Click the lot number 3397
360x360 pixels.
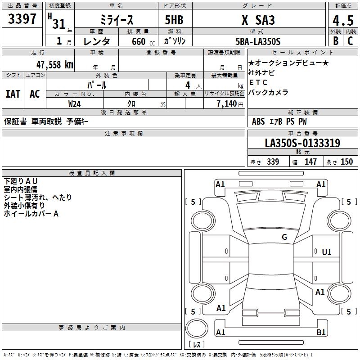tap(22, 19)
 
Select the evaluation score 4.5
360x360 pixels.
tap(342, 20)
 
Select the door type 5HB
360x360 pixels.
tap(174, 20)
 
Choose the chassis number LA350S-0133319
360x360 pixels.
tap(302, 144)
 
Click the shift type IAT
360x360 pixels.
tap(13, 94)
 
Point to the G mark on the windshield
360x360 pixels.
tap(284, 237)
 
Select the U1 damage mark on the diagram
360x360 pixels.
tap(326, 252)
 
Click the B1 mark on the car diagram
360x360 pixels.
tap(321, 333)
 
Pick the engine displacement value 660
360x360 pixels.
tap(138, 42)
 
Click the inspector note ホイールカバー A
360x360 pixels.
tap(31, 214)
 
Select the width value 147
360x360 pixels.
tap(310, 162)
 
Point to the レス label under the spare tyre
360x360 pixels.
tap(198, 344)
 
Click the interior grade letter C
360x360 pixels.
tap(351, 41)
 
